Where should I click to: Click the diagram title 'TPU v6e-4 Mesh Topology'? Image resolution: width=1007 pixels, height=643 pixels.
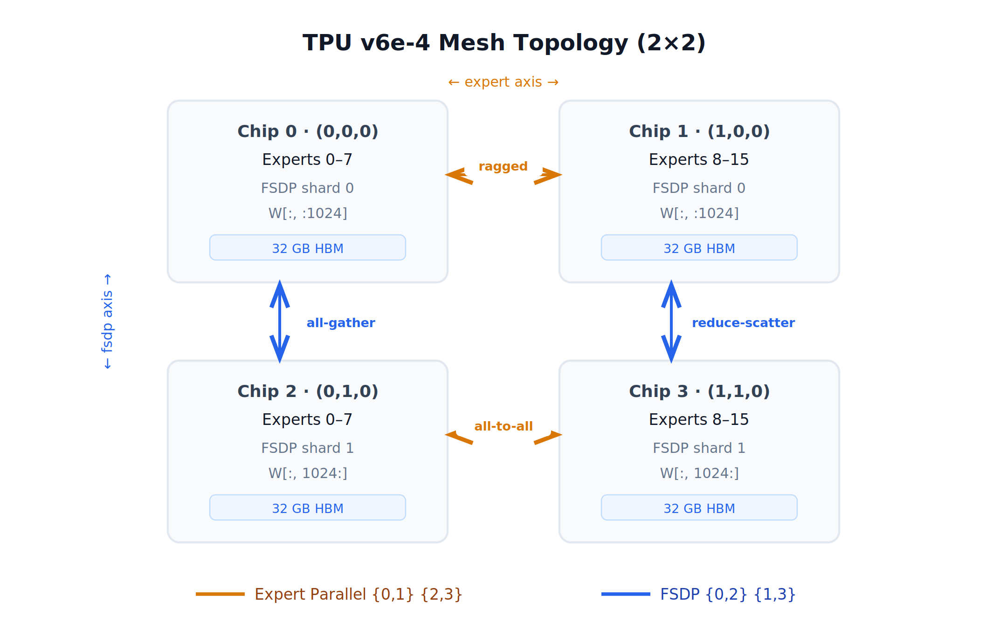(504, 43)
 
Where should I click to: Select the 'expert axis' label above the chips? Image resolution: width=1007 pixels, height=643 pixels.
(504, 82)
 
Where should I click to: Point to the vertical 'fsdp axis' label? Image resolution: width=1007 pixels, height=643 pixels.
(107, 321)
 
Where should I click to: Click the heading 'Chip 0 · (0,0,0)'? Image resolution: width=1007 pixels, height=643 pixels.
(308, 131)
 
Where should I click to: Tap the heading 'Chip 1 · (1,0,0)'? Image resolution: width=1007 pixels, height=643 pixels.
(699, 131)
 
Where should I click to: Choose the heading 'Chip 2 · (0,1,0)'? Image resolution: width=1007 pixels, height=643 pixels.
(308, 391)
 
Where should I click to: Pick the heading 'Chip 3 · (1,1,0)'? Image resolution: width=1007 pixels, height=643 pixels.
(699, 391)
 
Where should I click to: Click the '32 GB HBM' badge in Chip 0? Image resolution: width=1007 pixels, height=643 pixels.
(308, 248)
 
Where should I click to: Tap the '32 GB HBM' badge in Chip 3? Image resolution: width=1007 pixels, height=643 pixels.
(699, 508)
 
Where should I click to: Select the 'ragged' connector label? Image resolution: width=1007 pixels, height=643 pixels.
(503, 166)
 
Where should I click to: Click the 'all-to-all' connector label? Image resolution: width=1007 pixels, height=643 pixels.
(504, 426)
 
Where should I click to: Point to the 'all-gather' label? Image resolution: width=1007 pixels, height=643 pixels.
(341, 323)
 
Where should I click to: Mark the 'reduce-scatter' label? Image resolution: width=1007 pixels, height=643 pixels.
(743, 323)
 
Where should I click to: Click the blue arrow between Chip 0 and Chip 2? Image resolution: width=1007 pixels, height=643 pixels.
(280, 321)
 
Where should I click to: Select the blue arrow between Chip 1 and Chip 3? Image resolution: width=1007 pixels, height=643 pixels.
(671, 321)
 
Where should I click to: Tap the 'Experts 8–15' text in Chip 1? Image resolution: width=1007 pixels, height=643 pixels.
(699, 159)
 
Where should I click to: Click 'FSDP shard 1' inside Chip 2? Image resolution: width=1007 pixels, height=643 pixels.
(308, 448)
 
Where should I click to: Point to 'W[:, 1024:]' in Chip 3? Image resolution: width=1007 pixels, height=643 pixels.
(699, 473)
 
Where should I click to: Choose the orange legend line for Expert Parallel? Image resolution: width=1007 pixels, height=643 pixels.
(220, 594)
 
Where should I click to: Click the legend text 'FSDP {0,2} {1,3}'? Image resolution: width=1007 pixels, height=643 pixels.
(728, 595)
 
